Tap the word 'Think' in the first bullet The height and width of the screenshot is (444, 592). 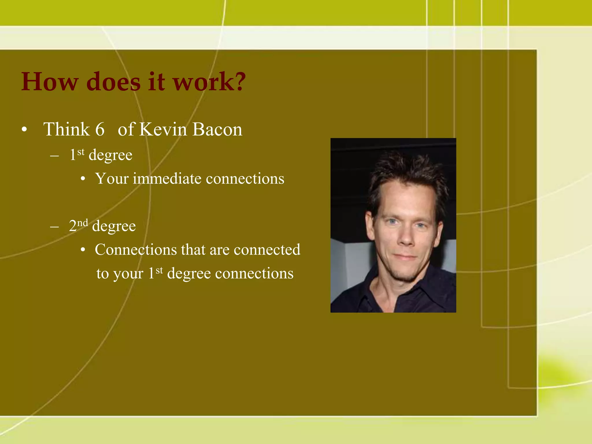tap(66, 129)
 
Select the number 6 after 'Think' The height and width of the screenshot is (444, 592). tap(100, 129)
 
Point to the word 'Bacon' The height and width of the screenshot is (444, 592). tap(217, 129)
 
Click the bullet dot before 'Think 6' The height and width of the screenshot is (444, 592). tap(24, 130)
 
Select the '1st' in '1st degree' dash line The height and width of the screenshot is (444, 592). tap(77, 154)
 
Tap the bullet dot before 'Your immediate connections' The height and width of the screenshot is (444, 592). tap(83, 179)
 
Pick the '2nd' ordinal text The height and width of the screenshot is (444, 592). tap(78, 225)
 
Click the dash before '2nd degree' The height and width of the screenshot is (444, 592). tap(54, 227)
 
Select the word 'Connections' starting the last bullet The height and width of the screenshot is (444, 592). tap(136, 249)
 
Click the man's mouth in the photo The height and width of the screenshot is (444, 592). tap(405, 256)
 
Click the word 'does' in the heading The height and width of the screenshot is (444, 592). tap(113, 82)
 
